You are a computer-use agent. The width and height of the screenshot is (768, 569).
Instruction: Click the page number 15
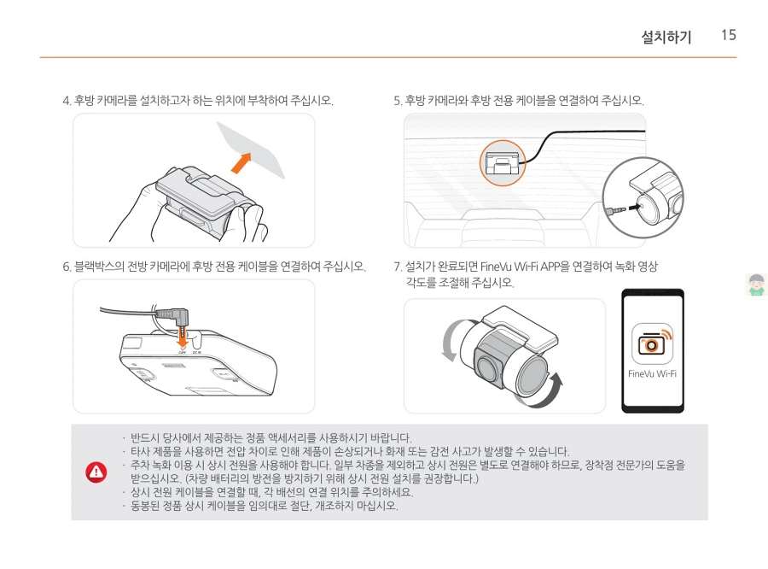(x=729, y=35)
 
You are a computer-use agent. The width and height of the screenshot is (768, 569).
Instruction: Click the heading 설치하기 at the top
(x=666, y=37)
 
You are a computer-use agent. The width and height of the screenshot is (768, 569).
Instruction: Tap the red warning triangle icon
(x=96, y=472)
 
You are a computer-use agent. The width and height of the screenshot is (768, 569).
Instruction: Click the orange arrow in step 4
(x=241, y=162)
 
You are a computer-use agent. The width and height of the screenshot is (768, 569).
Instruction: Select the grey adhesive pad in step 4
(x=251, y=150)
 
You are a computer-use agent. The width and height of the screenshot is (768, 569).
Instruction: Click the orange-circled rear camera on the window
(x=502, y=162)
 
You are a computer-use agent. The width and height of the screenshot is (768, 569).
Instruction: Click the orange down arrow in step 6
(x=183, y=336)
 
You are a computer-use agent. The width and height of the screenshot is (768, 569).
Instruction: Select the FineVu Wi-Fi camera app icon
(x=652, y=343)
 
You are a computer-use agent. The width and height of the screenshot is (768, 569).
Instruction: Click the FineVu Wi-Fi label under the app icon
(x=652, y=373)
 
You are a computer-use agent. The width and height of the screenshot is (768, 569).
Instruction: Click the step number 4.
(x=67, y=101)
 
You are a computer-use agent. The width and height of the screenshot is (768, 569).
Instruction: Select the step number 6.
(x=67, y=267)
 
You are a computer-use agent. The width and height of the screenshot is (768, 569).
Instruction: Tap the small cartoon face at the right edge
(x=756, y=284)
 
